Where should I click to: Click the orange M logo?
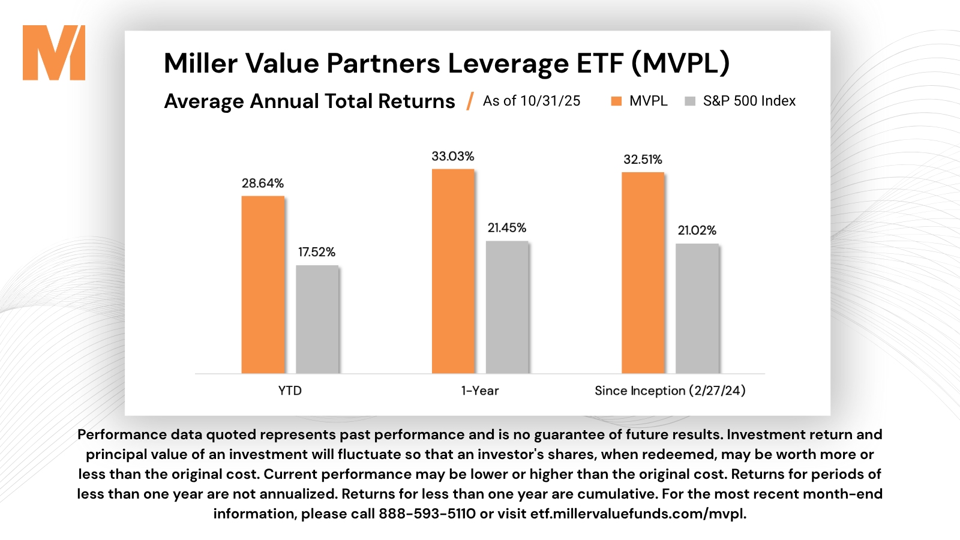(54, 53)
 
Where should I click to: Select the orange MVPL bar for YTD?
(263, 284)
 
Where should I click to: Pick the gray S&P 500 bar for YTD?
(317, 319)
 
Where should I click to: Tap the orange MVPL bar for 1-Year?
(453, 271)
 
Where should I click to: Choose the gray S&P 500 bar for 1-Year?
(507, 307)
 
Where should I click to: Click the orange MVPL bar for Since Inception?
(643, 273)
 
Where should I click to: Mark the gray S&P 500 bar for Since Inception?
(697, 308)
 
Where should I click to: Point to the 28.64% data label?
(263, 184)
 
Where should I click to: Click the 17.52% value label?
(317, 252)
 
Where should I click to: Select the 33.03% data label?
(453, 157)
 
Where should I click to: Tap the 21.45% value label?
(507, 228)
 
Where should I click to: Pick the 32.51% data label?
(643, 160)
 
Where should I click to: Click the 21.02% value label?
(697, 230)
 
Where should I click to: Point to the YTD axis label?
(290, 391)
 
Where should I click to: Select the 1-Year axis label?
(480, 391)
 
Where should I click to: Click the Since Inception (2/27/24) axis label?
(670, 391)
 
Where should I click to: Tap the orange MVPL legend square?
(616, 101)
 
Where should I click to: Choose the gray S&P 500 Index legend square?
(690, 101)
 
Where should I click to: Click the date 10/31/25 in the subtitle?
(550, 101)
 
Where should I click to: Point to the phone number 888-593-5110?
(427, 514)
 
